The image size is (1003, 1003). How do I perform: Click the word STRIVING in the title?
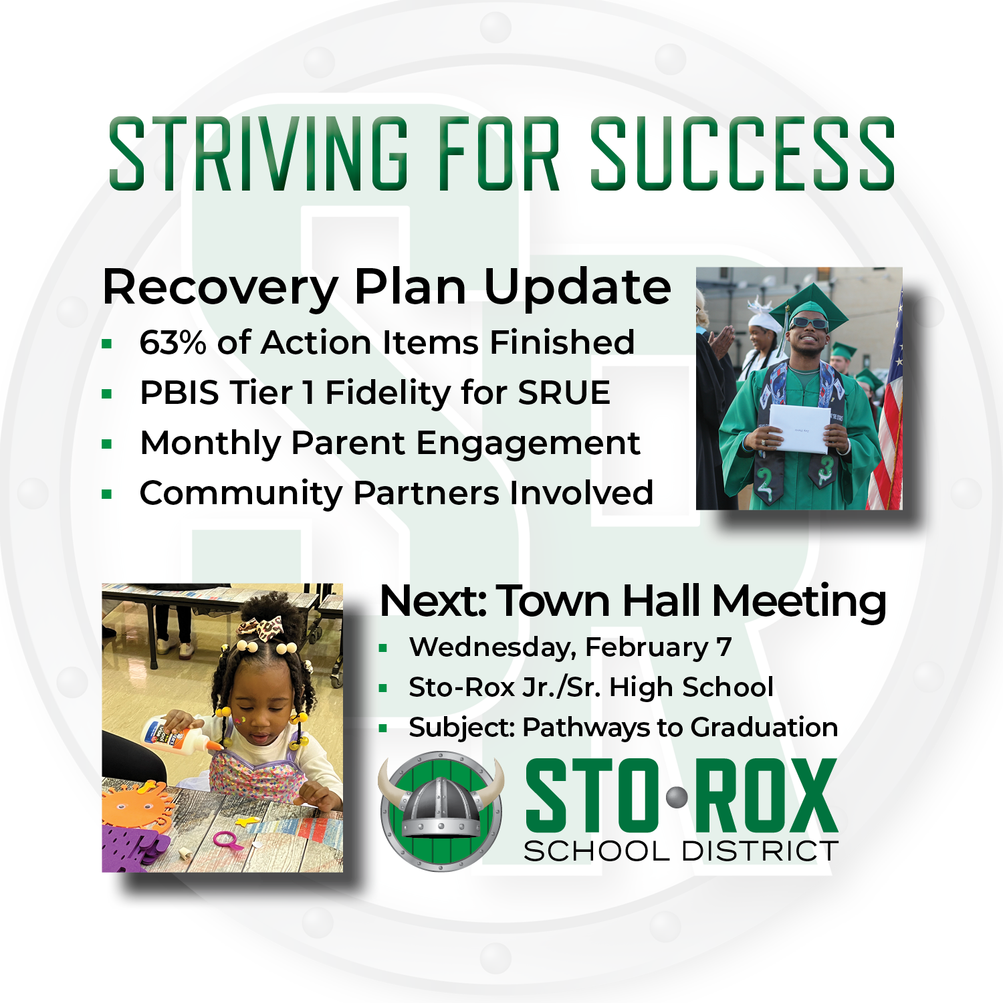click(258, 154)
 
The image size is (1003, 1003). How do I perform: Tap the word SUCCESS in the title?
click(742, 154)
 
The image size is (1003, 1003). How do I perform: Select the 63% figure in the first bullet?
click(173, 342)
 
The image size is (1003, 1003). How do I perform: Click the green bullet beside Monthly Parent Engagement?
click(107, 444)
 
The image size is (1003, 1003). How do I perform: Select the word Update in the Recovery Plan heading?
click(577, 288)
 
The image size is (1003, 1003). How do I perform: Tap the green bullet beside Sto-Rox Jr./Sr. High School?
click(383, 687)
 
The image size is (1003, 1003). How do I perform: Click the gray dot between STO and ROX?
click(677, 797)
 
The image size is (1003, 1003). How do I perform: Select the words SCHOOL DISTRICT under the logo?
click(681, 851)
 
